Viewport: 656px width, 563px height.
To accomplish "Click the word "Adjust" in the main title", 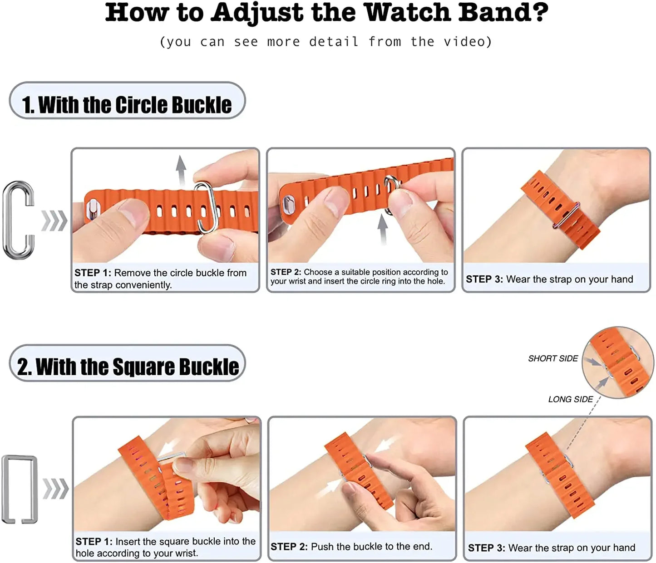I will tap(257, 13).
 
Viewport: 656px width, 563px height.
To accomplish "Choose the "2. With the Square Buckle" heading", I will tap(128, 367).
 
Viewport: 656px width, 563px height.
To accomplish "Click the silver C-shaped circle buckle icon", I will tap(19, 220).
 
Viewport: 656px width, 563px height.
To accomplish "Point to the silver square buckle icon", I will tap(20, 490).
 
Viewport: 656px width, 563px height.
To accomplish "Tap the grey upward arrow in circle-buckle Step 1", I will tap(181, 170).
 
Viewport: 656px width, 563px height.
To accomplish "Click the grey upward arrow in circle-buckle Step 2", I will tap(383, 229).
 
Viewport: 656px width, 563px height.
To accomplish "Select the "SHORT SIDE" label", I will tap(552, 358).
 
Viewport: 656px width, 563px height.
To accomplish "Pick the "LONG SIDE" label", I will tap(570, 399).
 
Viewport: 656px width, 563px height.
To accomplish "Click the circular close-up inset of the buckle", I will tap(617, 362).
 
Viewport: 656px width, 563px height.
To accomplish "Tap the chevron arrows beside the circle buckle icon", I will tap(54, 221).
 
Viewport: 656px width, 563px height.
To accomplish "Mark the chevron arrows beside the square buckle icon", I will tap(55, 489).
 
